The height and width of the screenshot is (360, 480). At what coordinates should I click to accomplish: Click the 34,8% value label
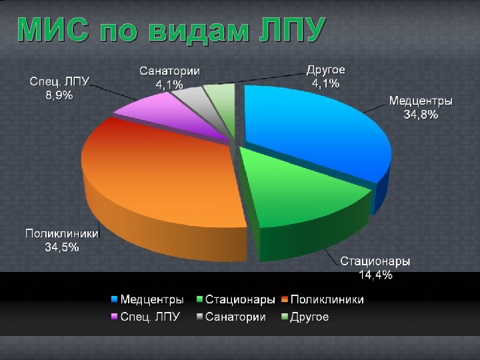click(x=421, y=115)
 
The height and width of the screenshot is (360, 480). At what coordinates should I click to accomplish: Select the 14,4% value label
click(x=375, y=274)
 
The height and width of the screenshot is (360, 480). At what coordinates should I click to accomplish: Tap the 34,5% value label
click(x=62, y=247)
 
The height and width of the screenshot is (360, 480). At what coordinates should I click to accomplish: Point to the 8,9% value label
click(x=59, y=95)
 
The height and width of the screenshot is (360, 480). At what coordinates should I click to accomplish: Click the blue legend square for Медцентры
click(x=114, y=300)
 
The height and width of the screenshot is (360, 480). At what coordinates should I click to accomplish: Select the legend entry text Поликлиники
click(x=327, y=300)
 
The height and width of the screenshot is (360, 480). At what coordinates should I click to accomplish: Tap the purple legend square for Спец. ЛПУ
click(x=114, y=317)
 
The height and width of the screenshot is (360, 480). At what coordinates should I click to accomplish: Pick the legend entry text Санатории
click(x=235, y=317)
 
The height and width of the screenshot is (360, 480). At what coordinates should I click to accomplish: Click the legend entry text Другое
click(x=309, y=317)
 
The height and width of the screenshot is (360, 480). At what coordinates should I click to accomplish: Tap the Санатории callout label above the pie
click(x=170, y=71)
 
